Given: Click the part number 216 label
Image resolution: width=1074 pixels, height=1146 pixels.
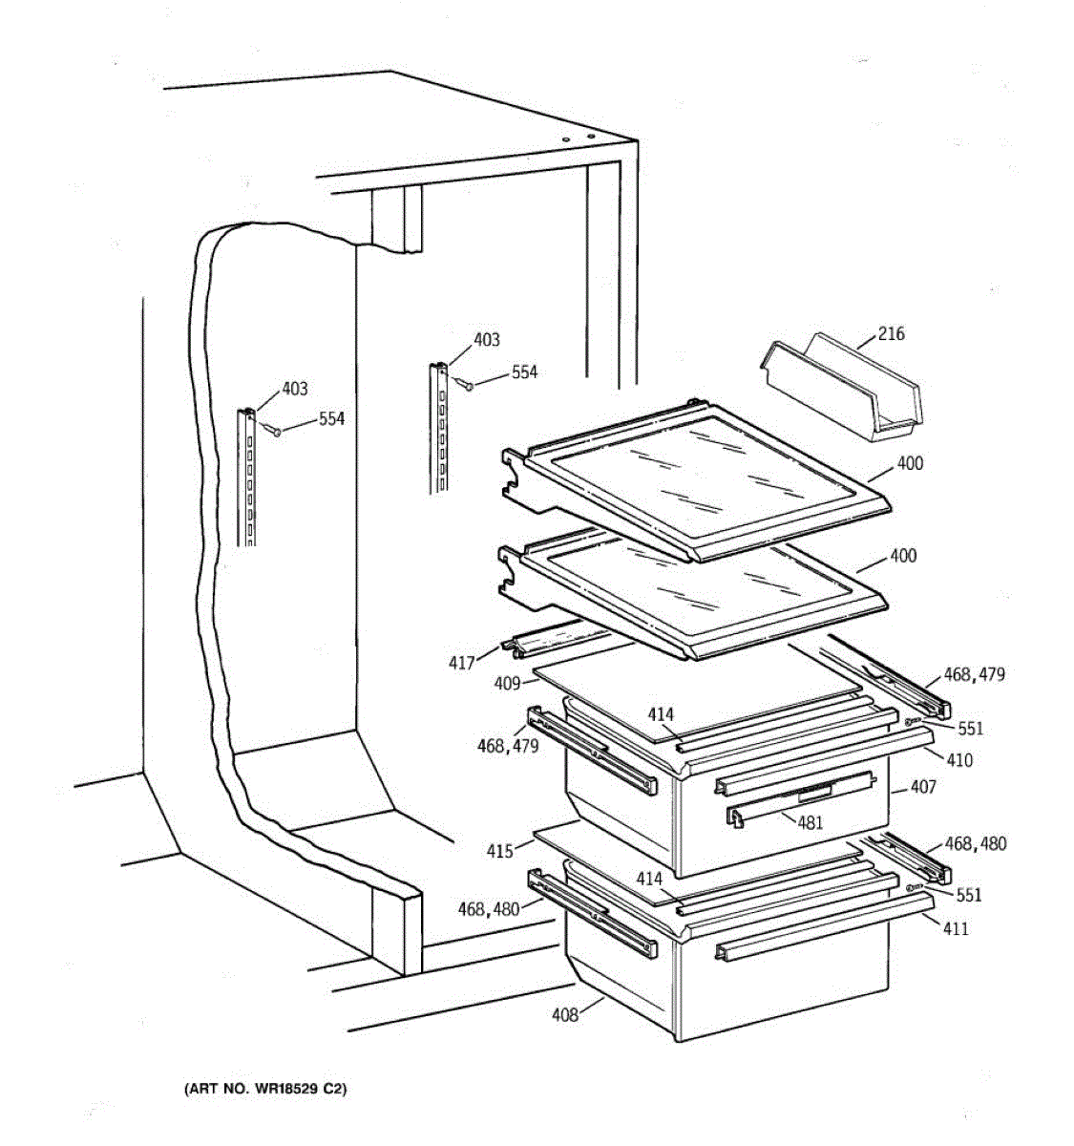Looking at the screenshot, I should tap(891, 334).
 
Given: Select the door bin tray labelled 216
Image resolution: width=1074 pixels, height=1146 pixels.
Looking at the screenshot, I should tap(840, 392).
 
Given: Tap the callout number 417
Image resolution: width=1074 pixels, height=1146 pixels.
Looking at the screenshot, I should tap(462, 662).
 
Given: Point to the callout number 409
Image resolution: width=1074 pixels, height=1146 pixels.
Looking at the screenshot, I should tap(507, 684).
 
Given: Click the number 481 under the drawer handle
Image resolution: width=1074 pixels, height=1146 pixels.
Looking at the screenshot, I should tap(810, 822).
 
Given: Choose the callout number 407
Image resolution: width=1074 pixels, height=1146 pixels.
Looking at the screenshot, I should tap(923, 787).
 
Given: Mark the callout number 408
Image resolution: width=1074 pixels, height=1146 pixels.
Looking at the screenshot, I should tap(565, 1015).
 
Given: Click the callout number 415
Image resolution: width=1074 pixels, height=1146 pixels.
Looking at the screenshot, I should tap(499, 851).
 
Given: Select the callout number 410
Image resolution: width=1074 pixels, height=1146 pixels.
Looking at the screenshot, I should tap(959, 760).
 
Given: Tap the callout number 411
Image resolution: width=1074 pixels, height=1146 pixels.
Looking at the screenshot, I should tap(955, 928).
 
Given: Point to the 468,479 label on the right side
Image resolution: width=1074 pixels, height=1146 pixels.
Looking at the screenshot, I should tap(974, 675).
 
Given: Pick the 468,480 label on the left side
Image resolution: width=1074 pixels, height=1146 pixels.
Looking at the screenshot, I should tap(489, 909).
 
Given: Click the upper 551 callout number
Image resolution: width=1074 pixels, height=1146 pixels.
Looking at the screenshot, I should tap(970, 729).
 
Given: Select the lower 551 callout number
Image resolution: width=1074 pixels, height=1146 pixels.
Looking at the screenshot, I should tap(968, 895).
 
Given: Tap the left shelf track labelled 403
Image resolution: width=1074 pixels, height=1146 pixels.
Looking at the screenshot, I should tap(247, 477).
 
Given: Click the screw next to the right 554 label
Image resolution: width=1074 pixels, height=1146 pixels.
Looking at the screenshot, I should tap(468, 385).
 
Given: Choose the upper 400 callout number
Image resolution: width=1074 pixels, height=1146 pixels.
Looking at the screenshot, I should tap(910, 463).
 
